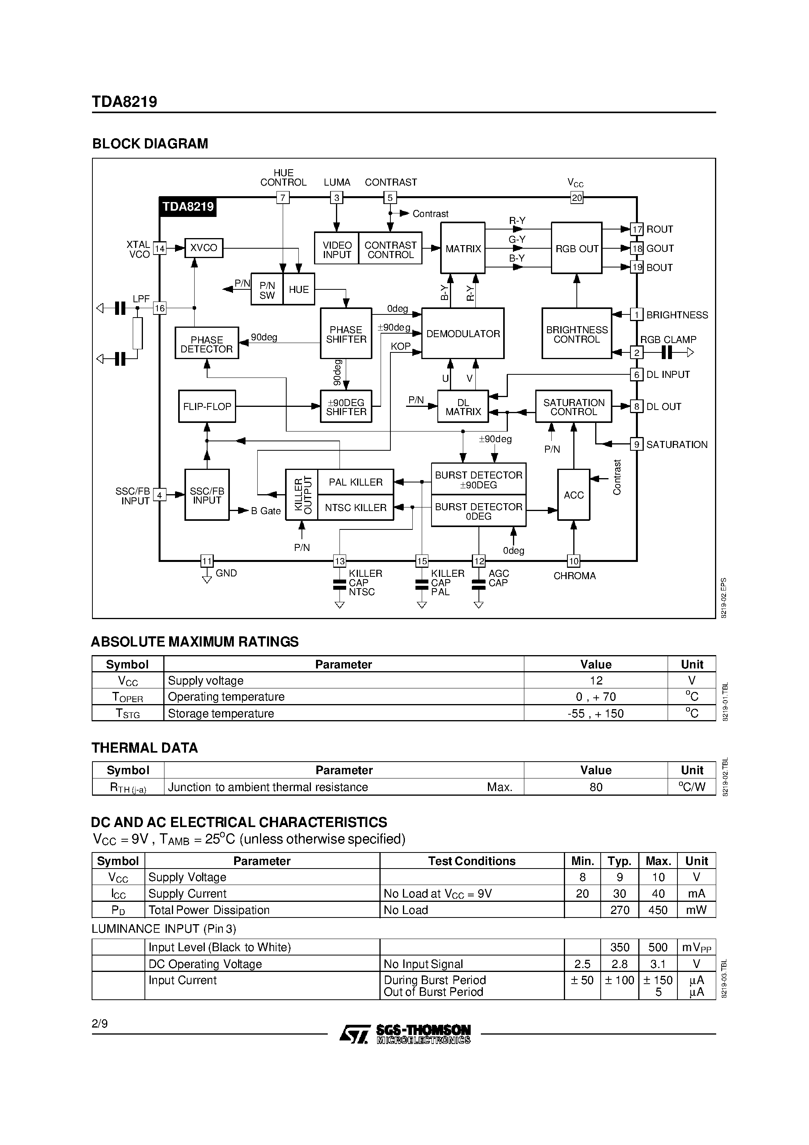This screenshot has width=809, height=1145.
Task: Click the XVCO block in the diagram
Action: tap(204, 248)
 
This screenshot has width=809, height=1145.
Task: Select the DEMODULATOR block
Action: tap(463, 334)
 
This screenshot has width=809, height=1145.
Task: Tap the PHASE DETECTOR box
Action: tap(206, 343)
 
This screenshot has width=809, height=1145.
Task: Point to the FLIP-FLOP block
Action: tap(207, 406)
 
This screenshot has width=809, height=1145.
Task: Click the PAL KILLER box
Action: tap(356, 482)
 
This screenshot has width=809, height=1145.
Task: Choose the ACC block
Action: tap(574, 495)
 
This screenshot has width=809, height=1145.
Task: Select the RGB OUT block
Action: tap(576, 248)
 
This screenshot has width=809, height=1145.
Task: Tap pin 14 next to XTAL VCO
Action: tap(160, 248)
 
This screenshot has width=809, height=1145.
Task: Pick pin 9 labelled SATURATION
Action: tap(636, 444)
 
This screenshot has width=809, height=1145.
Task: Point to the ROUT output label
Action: tap(659, 229)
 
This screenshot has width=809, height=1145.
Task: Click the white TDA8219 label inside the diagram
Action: tap(188, 206)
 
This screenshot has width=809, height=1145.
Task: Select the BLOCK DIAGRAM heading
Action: tap(150, 144)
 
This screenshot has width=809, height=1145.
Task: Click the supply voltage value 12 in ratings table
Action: tap(596, 681)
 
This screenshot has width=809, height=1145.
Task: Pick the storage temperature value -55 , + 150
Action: tap(596, 713)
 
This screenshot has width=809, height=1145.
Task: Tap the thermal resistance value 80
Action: tap(596, 787)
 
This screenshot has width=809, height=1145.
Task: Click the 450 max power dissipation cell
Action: tap(657, 910)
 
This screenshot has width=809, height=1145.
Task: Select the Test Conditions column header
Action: tap(471, 861)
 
